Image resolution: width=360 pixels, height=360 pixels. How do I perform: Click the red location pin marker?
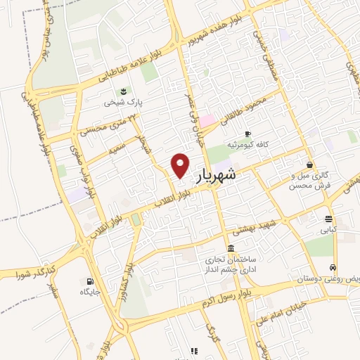(181, 165)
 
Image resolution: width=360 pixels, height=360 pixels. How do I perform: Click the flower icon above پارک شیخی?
(124, 91)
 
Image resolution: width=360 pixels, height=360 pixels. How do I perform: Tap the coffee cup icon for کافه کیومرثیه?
(247, 134)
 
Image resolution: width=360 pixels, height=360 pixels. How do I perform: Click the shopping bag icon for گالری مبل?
(310, 165)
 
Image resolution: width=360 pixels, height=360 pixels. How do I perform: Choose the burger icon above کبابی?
(328, 219)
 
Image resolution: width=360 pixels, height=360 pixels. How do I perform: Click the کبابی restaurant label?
(328, 229)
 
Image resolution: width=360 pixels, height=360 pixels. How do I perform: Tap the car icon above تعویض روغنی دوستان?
(333, 268)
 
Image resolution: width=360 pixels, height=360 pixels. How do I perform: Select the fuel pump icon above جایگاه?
(89, 281)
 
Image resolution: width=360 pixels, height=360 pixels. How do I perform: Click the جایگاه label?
(89, 292)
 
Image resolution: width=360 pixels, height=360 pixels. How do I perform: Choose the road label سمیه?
(117, 150)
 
